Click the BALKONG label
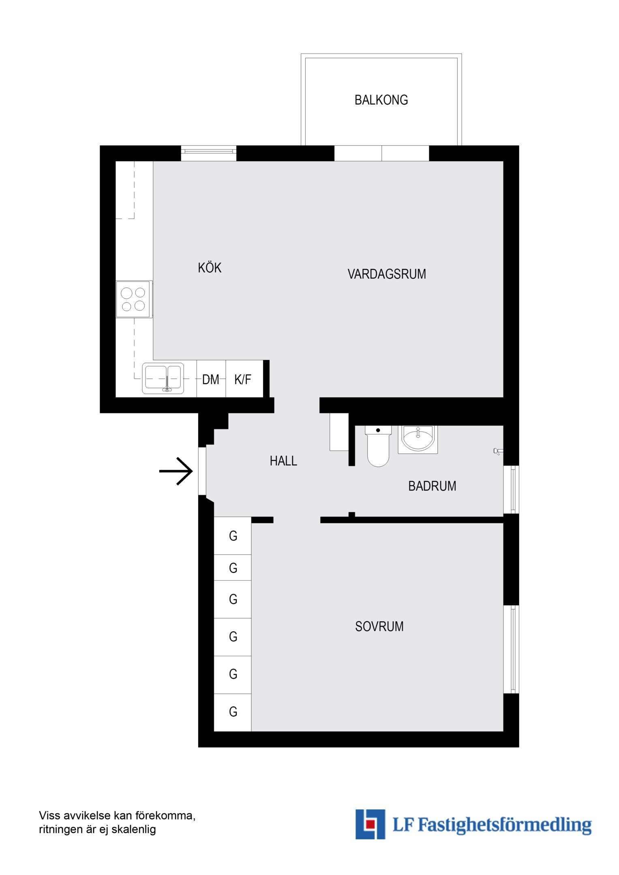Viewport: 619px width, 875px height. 381,100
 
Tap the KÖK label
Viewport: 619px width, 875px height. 210,267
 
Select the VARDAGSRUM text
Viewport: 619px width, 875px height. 387,274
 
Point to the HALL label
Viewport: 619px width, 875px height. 283,461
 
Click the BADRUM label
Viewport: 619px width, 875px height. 432,486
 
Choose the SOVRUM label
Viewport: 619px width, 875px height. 379,626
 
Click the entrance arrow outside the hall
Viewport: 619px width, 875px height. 176,471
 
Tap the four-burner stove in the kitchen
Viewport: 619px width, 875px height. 134,299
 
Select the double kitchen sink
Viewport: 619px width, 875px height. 163,378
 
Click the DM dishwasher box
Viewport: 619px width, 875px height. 211,379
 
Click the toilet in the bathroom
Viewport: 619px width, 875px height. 378,446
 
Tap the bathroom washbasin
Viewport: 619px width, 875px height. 418,439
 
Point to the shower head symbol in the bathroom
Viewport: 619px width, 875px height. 498,451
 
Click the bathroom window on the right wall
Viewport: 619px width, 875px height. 512,490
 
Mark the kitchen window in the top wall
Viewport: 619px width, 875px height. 209,153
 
